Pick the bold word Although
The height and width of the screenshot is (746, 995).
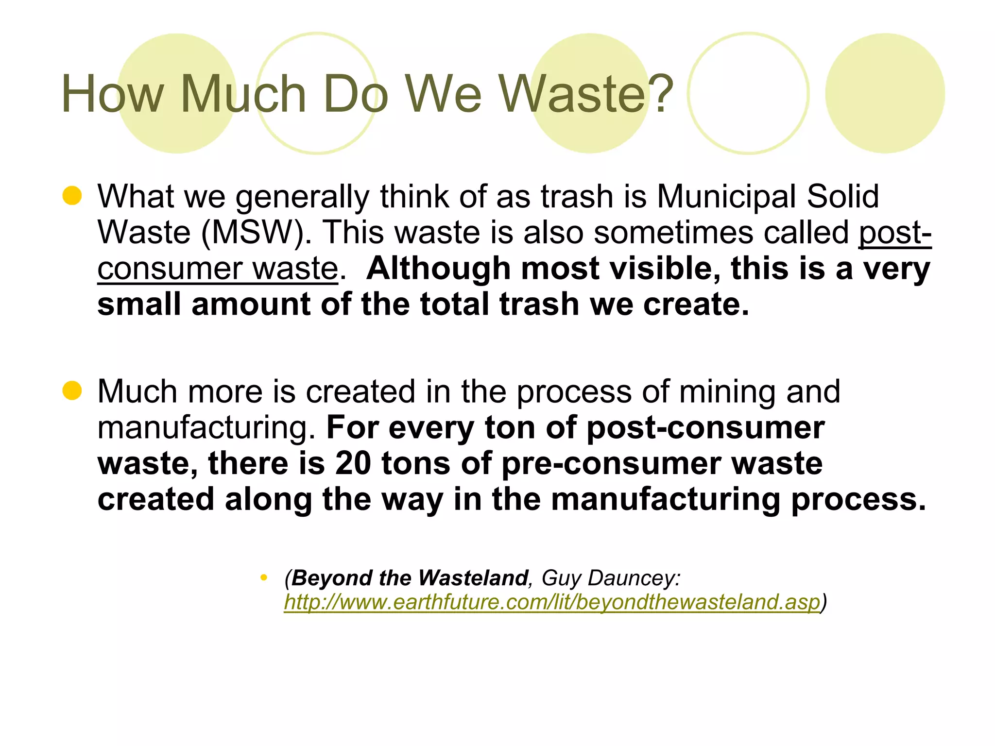438,268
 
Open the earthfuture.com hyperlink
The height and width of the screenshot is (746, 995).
551,602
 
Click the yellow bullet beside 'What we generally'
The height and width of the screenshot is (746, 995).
72,196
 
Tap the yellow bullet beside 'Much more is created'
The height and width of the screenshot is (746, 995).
72,391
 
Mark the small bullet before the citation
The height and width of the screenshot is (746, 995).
264,577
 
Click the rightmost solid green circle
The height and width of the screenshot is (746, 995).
885,93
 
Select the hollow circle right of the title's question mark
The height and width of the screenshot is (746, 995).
748,93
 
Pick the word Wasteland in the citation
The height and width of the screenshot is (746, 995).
473,578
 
